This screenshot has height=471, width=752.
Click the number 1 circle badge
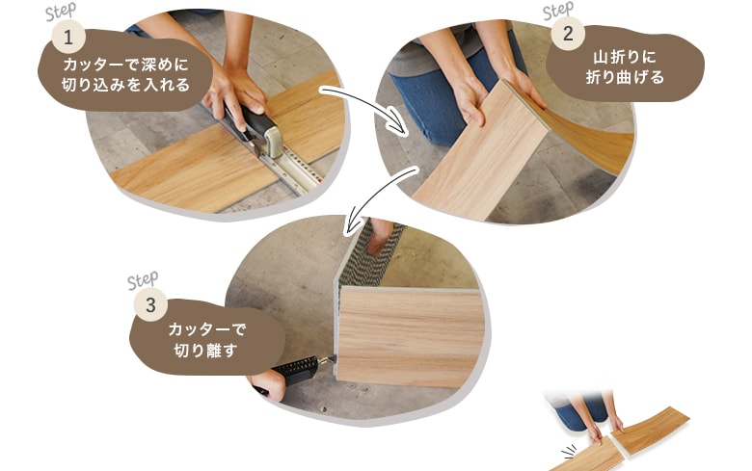[x=68, y=37]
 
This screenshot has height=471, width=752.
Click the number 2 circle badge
[x=568, y=34]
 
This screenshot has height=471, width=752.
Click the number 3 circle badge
[x=150, y=305]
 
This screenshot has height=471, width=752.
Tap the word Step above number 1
[x=61, y=12]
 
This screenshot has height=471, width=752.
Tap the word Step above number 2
[x=558, y=10]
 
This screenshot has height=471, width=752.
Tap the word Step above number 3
[x=143, y=281]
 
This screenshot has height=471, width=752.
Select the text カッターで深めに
[x=125, y=65]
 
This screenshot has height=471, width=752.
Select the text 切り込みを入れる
[x=125, y=85]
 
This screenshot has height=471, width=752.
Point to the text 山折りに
[x=625, y=57]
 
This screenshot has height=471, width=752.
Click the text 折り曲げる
[x=625, y=77]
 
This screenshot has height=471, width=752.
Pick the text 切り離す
[x=205, y=351]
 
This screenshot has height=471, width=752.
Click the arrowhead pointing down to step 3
[x=354, y=222]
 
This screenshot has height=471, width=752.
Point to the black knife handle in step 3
[x=296, y=370]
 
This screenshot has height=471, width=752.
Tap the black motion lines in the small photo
[x=570, y=452]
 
